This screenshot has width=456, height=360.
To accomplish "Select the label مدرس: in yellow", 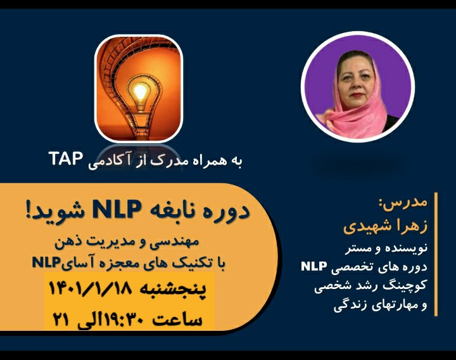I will point(406,204).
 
